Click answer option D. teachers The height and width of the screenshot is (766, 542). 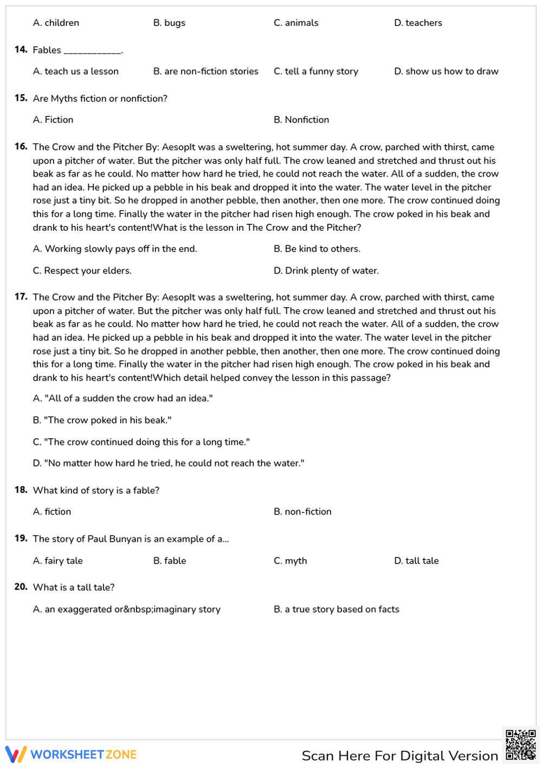coord(418,23)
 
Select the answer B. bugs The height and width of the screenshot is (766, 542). coord(169,23)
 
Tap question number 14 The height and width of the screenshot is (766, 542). coord(21,50)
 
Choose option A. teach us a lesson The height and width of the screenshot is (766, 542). coord(75,72)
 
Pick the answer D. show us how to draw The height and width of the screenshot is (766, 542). coord(446,72)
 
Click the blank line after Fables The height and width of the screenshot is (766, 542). coord(92,51)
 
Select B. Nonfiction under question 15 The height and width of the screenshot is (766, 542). coord(301,120)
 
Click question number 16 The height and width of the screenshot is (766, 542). coord(21,147)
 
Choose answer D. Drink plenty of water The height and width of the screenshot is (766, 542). coord(326,271)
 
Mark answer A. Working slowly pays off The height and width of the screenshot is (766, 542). coord(115,249)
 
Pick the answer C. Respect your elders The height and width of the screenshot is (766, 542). coord(82,271)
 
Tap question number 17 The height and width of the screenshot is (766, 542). coord(21,297)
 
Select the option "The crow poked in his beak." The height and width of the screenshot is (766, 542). coord(102,420)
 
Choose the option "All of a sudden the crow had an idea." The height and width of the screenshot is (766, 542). coord(122,399)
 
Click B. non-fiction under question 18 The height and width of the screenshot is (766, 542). coord(302,512)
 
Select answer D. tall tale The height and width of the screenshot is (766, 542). coord(416,561)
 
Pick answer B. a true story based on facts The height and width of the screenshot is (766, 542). coord(336,609)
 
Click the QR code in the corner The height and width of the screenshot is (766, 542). coord(520,745)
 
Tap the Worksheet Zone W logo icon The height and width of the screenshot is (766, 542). coord(16,755)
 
